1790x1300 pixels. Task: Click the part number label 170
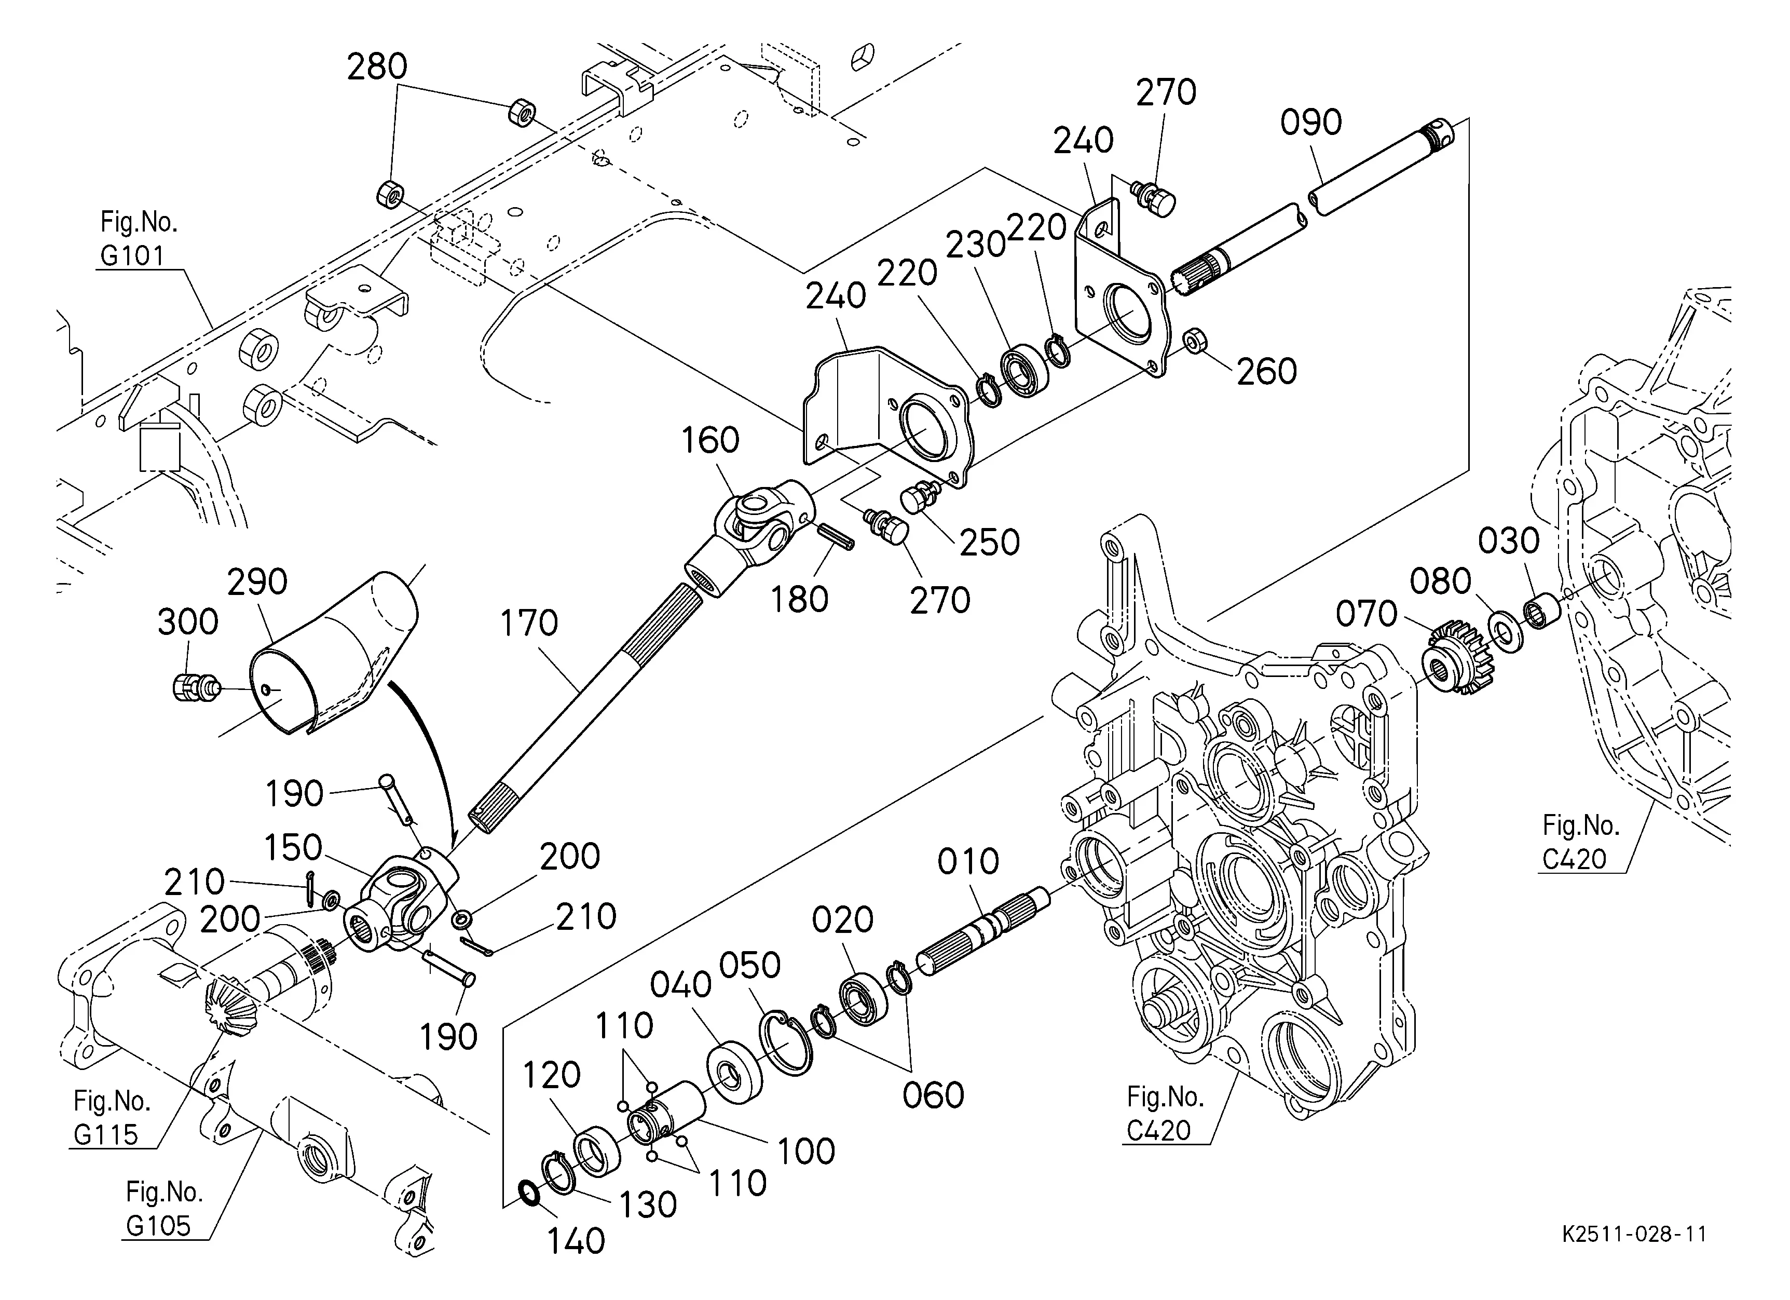click(529, 624)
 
